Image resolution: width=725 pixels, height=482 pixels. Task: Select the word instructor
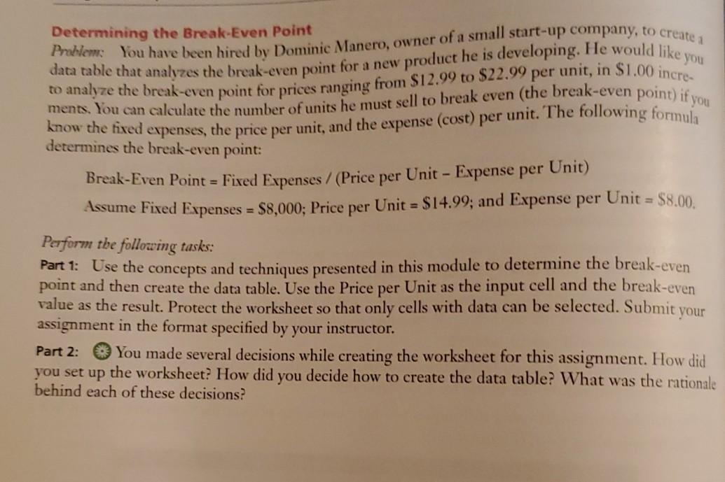click(x=353, y=327)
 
